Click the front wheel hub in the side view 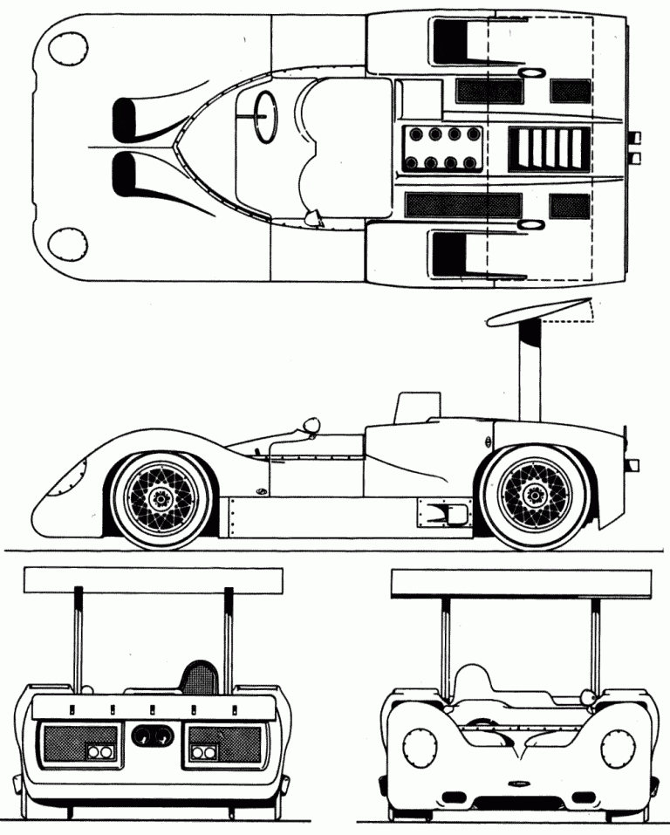click(x=160, y=499)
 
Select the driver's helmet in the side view click(x=311, y=427)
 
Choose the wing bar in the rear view click(x=154, y=578)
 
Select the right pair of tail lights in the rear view click(x=206, y=751)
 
